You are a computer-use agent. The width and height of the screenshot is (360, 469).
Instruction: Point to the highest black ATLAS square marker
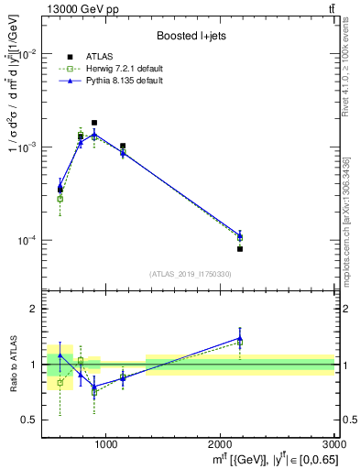pos(93,123)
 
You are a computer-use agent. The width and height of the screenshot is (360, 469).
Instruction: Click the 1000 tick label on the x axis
pos(105,445)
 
